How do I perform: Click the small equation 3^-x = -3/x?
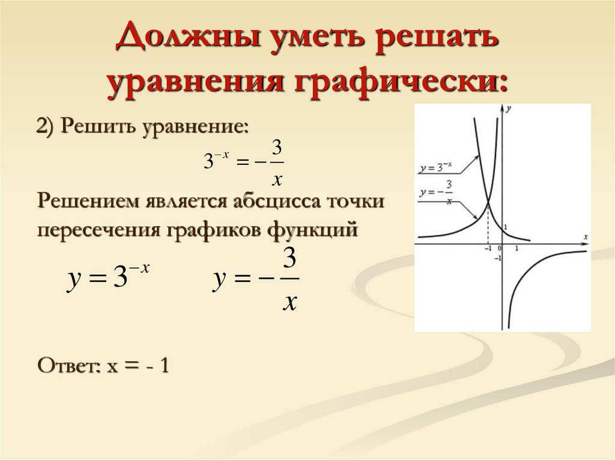[x=243, y=162]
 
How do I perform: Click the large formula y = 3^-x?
[x=108, y=279]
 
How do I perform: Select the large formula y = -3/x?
[x=255, y=281]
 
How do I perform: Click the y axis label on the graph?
[x=509, y=109]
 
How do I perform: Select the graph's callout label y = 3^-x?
[x=434, y=170]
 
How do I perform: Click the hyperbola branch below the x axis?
[x=529, y=270]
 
